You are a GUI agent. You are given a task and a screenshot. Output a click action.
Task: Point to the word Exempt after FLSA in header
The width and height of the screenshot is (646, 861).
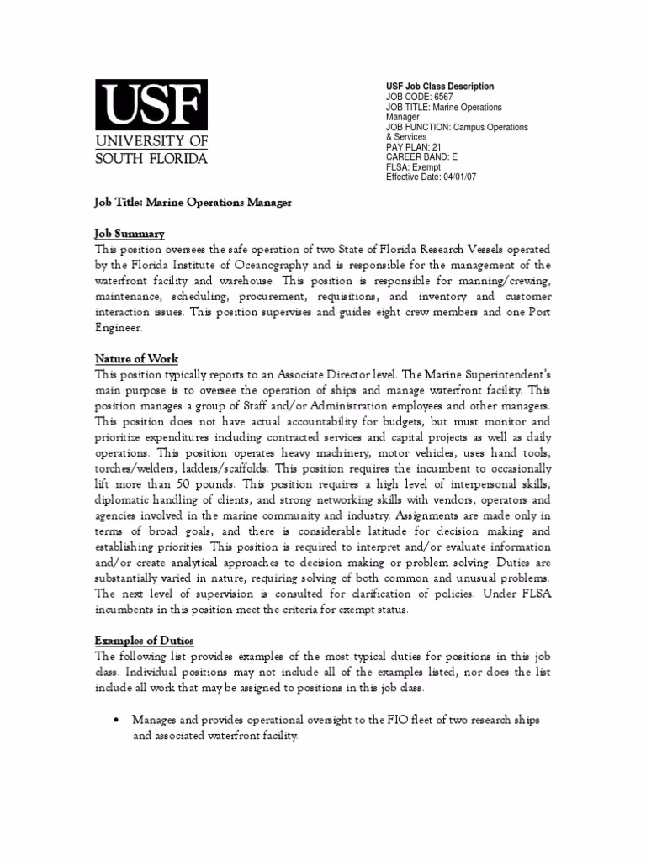pos(426,167)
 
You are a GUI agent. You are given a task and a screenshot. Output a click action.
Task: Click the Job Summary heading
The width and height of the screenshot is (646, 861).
pos(130,233)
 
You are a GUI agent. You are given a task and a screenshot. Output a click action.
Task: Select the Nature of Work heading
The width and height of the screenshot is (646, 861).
pos(136,359)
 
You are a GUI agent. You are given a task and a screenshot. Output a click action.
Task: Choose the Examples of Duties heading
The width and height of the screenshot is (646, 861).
pos(144,641)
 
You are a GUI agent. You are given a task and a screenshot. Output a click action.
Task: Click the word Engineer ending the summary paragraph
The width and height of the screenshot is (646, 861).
pos(119,329)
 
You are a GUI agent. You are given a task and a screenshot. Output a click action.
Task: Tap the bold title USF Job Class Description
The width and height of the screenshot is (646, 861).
pos(440,87)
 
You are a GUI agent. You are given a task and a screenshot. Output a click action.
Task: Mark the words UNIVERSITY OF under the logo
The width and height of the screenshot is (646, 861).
pos(151,140)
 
